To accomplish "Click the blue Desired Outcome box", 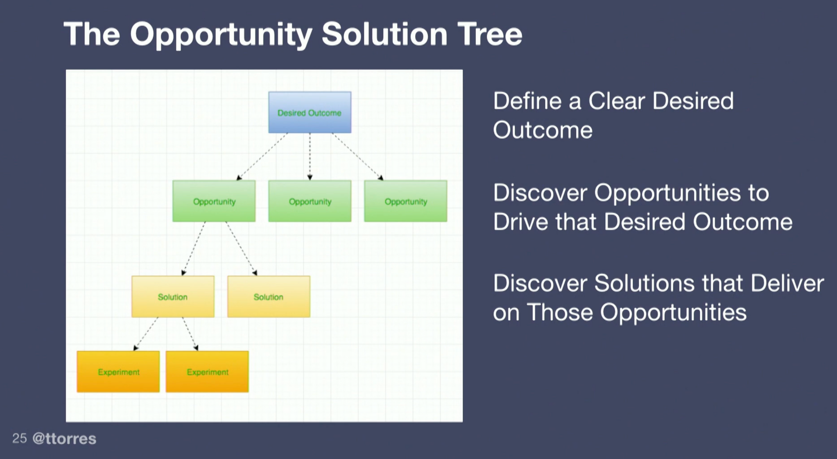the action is point(310,112).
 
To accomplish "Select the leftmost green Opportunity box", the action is point(214,201).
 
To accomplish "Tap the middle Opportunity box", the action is point(310,201).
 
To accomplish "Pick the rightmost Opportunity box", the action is point(406,201).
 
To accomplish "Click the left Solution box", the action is point(173,296).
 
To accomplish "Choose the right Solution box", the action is point(269,296).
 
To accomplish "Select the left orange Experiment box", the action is point(118,372).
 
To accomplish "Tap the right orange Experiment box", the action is point(207,372).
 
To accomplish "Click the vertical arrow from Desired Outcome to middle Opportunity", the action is point(310,157).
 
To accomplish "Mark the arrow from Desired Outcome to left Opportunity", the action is point(262,157).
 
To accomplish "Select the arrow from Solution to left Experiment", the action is point(146,334).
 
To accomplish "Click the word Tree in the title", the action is point(490,34).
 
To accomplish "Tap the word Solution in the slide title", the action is point(385,34).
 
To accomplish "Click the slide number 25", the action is point(20,439).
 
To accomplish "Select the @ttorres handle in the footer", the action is point(64,439).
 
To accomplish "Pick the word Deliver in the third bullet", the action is point(787,283).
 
